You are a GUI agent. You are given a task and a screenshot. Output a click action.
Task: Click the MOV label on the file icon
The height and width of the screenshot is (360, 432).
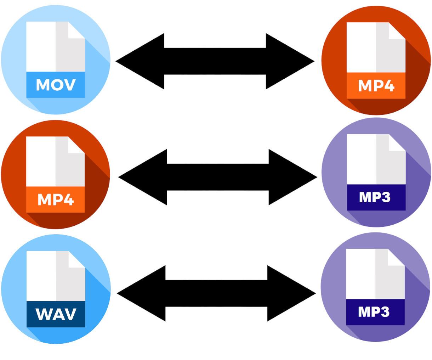click(x=56, y=85)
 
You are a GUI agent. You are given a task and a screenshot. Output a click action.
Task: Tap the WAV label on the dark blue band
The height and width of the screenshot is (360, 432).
click(x=56, y=314)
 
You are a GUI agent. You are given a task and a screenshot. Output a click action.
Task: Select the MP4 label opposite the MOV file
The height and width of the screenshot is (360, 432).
click(x=376, y=85)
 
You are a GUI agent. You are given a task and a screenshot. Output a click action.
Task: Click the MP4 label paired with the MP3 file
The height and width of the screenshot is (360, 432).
click(x=56, y=199)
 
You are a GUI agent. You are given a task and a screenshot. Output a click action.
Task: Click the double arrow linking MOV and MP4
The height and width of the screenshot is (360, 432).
click(x=215, y=61)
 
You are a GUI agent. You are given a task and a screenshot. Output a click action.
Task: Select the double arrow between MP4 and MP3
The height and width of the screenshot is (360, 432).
click(x=217, y=177)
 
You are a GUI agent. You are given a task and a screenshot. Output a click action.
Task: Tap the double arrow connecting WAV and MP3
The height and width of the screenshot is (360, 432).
click(x=216, y=293)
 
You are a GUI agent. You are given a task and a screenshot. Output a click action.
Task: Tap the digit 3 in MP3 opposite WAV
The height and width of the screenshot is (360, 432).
click(x=385, y=311)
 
